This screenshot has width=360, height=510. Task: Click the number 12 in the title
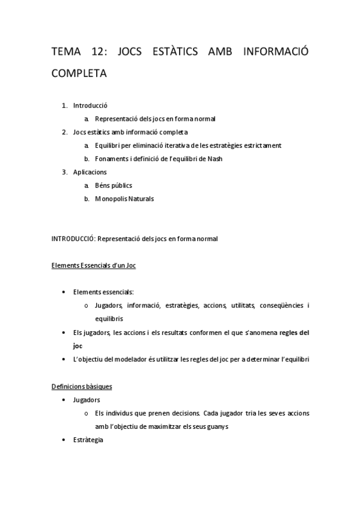(x=95, y=52)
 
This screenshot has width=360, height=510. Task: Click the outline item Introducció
(x=90, y=105)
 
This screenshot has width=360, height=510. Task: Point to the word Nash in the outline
(x=215, y=159)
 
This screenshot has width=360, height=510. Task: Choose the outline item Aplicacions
(x=90, y=172)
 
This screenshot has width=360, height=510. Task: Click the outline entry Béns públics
(x=114, y=185)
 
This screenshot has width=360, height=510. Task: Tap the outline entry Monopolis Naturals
(x=124, y=198)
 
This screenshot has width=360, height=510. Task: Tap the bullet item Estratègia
(x=88, y=440)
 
